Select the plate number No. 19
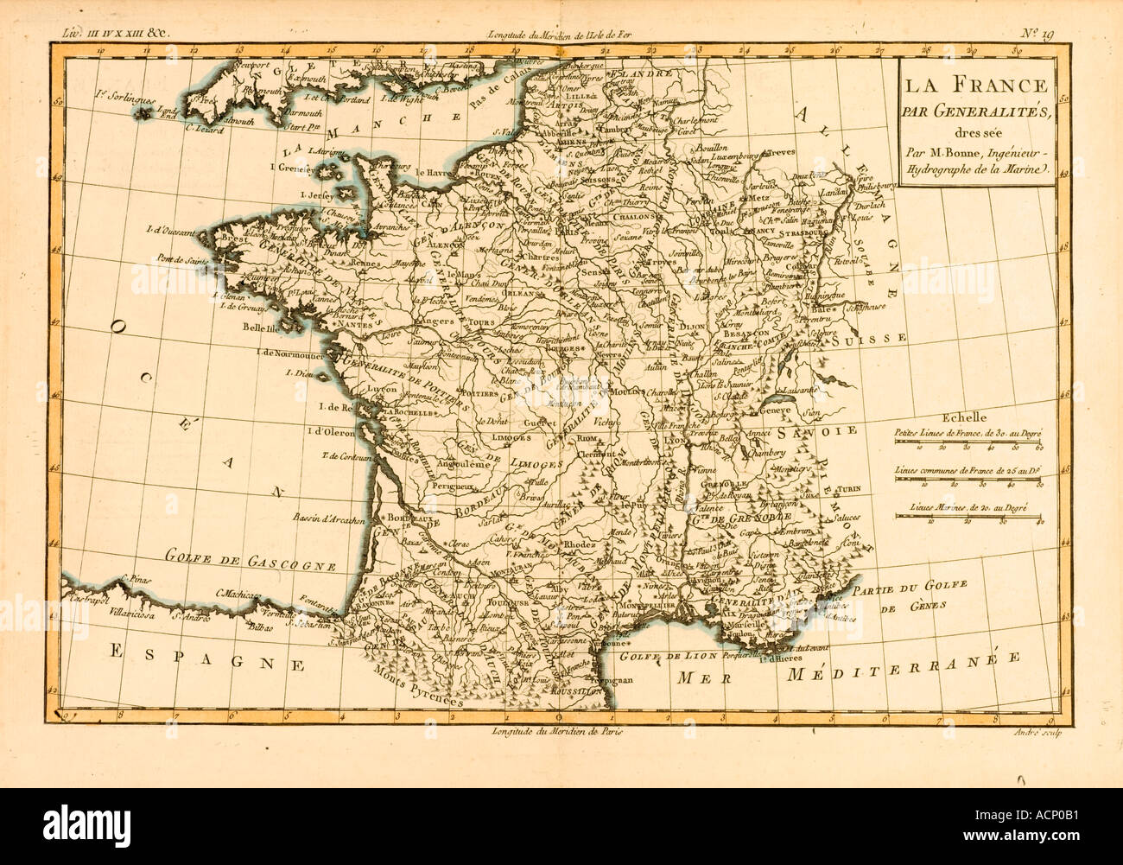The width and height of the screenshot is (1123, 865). [x=1034, y=35]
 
